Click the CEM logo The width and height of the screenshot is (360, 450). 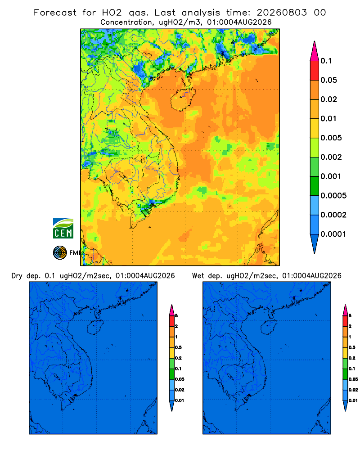63,228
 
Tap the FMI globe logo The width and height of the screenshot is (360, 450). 60,253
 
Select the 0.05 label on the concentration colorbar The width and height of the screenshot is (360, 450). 328,80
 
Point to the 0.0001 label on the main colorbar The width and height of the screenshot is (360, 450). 333,234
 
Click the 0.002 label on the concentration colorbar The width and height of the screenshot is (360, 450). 331,157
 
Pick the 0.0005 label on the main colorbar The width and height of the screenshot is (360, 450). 333,196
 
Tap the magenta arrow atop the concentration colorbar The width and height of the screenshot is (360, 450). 315,51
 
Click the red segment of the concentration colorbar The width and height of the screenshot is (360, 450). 315,71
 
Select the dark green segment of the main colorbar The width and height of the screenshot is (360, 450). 315,186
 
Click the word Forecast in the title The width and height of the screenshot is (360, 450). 55,13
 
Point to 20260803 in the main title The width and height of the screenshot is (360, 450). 282,13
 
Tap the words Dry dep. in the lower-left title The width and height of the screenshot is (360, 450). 26,276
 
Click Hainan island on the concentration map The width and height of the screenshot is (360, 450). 183,99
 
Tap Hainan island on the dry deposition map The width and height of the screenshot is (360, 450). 95,328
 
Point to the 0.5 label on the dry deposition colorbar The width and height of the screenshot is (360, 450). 178,347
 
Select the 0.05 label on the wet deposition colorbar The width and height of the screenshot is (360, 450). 353,379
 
